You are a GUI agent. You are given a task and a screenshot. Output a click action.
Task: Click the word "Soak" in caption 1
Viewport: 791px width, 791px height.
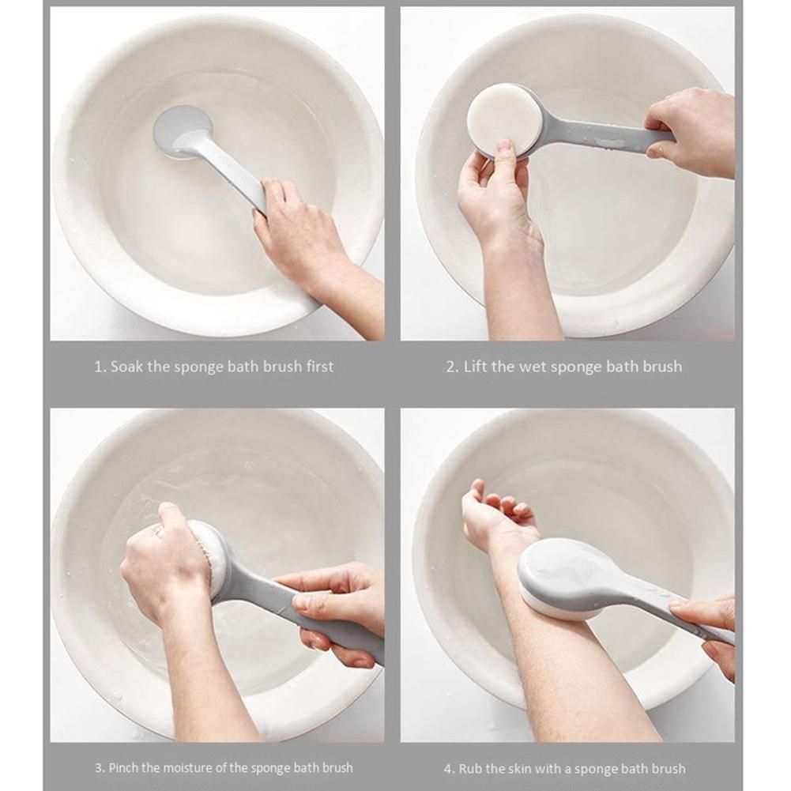(126, 366)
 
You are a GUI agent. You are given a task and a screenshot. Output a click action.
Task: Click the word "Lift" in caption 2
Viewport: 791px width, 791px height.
(475, 366)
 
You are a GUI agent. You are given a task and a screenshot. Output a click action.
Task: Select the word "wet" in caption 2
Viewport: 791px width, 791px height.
(533, 367)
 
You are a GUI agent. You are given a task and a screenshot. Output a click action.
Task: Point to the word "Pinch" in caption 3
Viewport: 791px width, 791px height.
(123, 768)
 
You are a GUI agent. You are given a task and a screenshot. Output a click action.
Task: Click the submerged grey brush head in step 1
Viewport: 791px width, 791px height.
(183, 130)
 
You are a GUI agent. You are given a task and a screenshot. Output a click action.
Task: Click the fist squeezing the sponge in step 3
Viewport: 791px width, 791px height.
(169, 560)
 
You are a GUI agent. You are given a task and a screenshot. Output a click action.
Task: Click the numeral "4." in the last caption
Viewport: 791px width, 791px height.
(450, 769)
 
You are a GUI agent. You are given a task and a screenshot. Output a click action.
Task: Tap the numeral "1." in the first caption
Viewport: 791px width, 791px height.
(100, 367)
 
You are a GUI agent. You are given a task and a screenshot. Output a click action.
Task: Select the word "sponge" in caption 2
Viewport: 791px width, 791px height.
(577, 367)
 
